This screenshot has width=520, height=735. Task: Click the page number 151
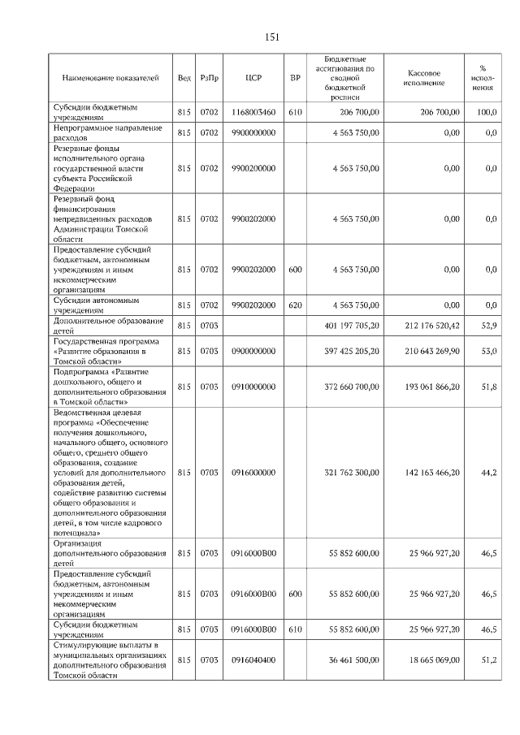tap(272, 37)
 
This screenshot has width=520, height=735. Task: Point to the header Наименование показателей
tap(110, 79)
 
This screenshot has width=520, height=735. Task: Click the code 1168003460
tap(253, 112)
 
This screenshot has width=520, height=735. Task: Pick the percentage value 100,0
tap(487, 112)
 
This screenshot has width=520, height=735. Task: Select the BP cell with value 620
tap(295, 305)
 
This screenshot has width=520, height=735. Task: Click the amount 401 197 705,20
tap(349, 326)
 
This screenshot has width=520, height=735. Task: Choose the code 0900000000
tap(253, 352)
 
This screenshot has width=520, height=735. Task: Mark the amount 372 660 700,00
tap(349, 387)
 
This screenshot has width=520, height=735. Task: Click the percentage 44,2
tap(488, 472)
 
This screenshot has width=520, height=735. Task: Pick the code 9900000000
tap(253, 132)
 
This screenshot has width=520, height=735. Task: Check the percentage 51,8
tap(488, 387)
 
